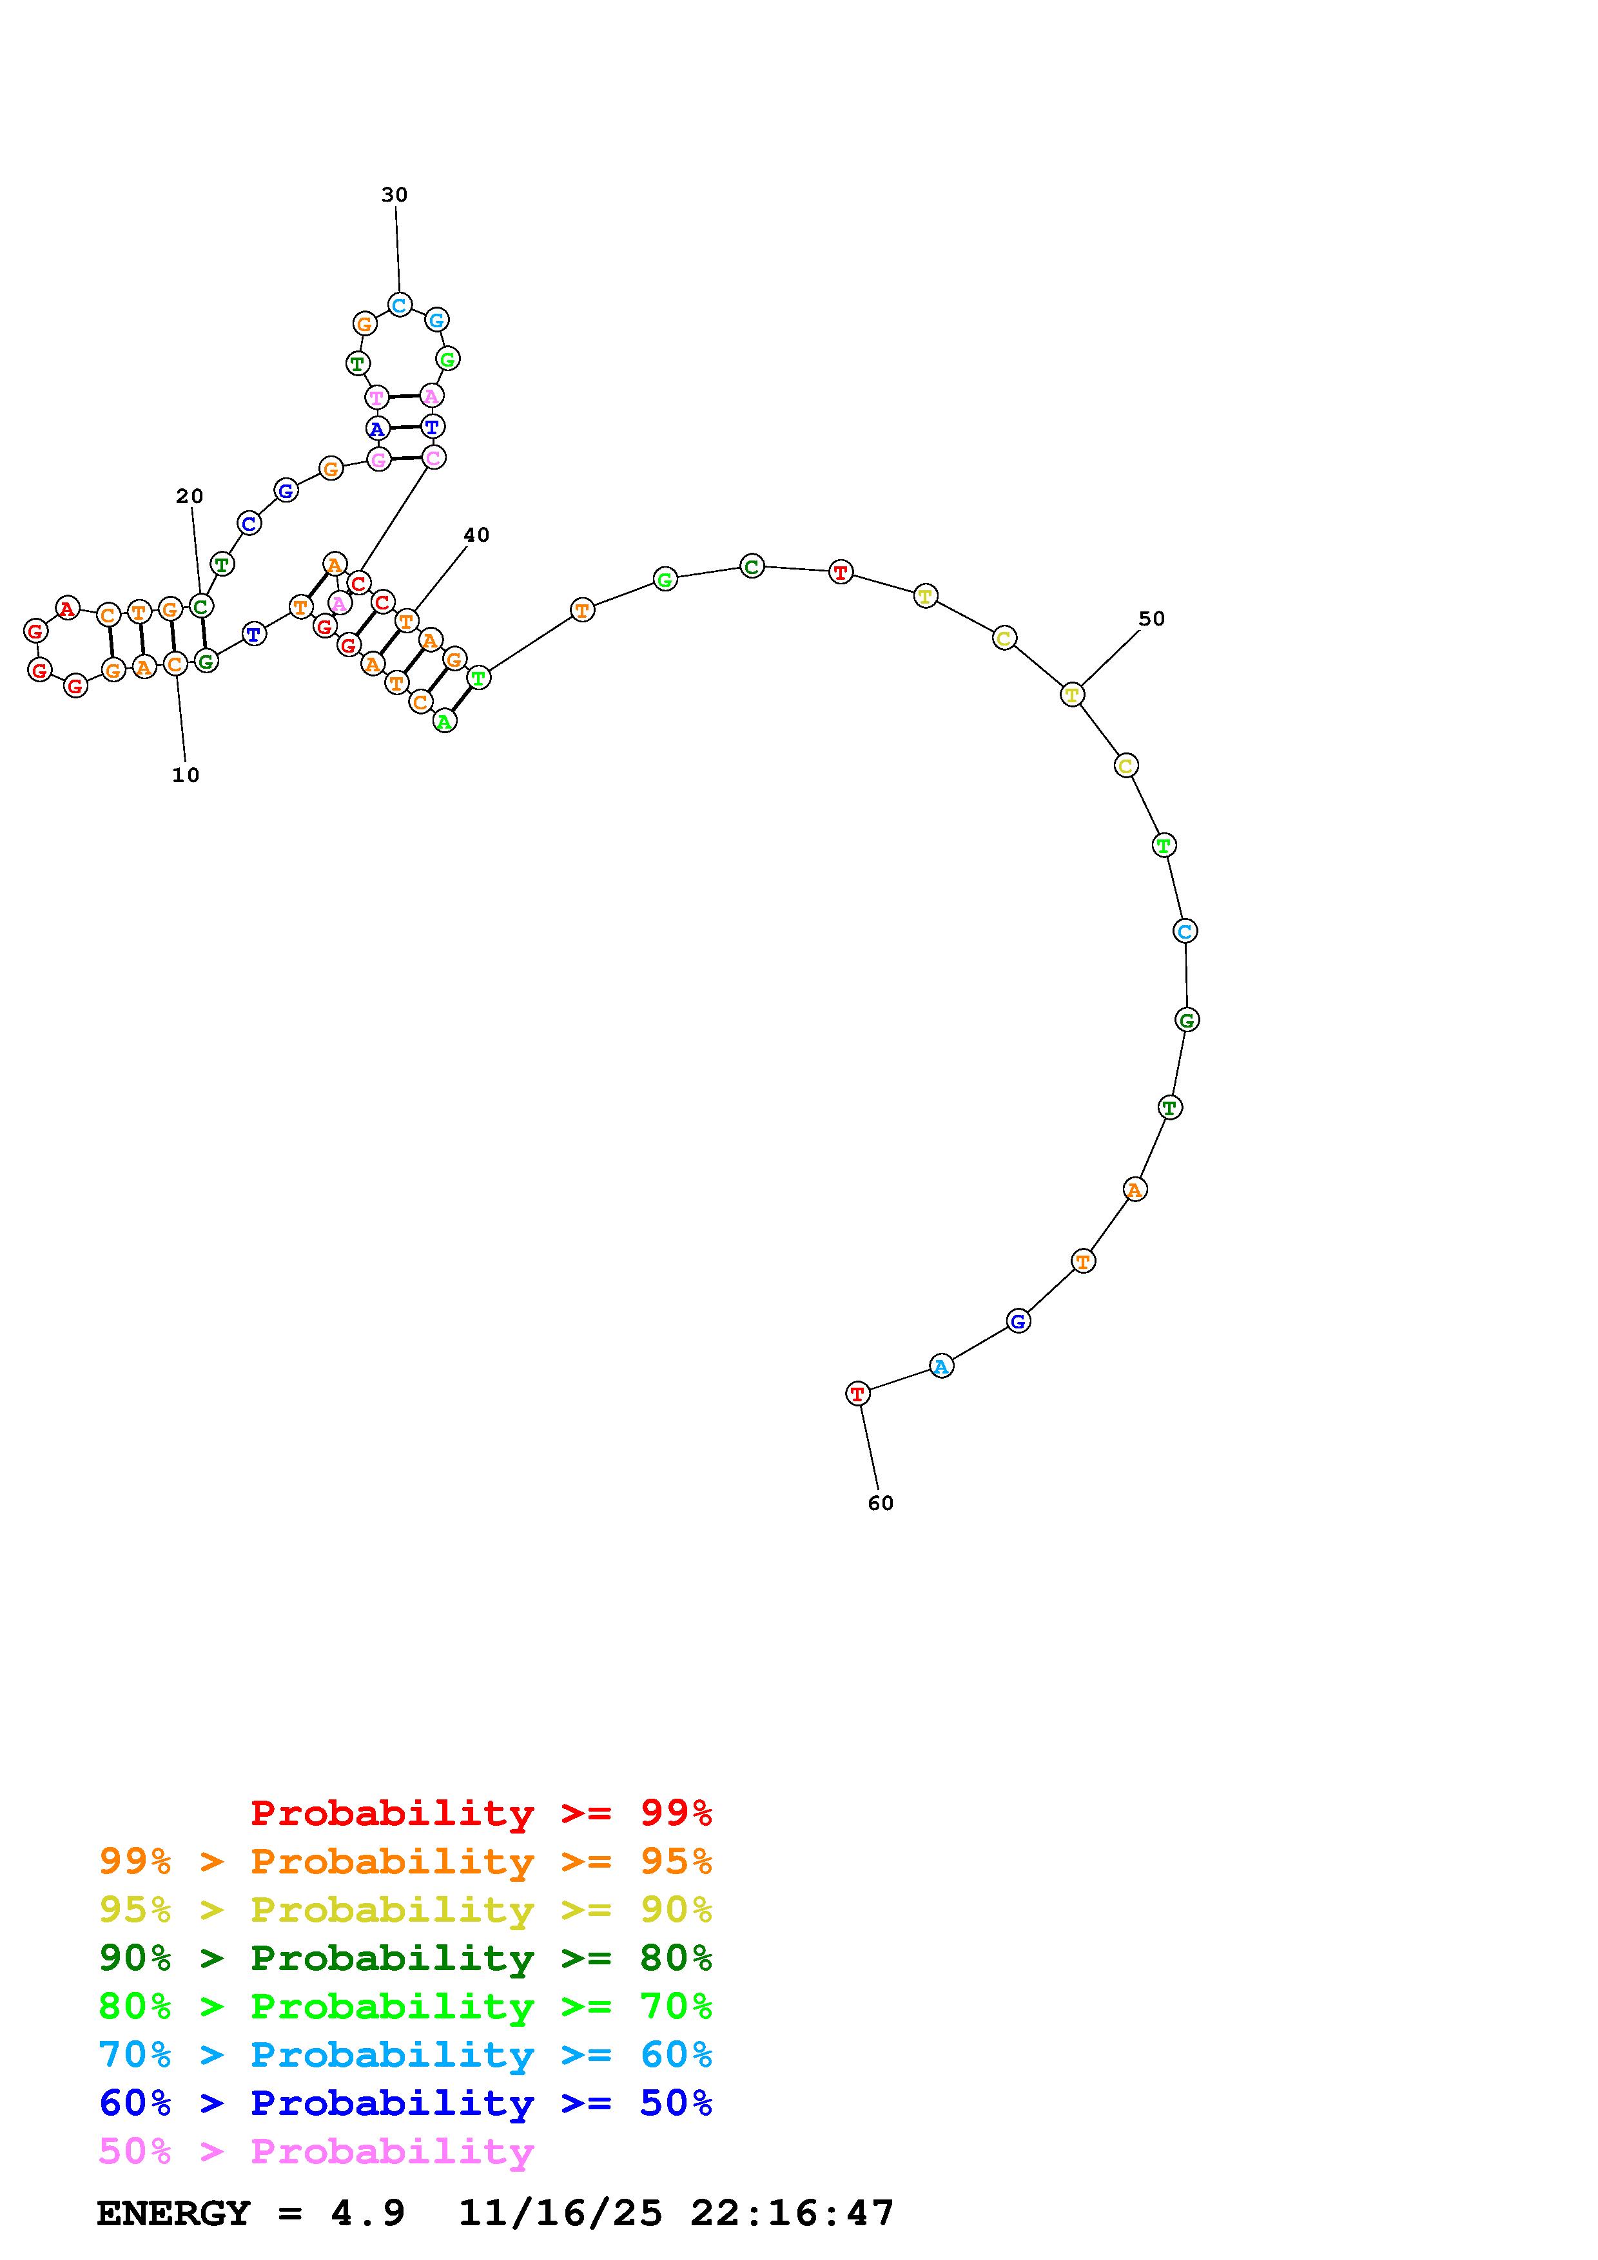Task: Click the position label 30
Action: coord(394,195)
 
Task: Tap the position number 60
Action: coord(881,1503)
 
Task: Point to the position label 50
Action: coord(1151,618)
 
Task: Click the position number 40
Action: coord(476,535)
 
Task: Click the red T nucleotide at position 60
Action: coord(857,1393)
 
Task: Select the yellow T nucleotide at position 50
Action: coord(1072,694)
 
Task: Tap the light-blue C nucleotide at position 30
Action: coord(399,305)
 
